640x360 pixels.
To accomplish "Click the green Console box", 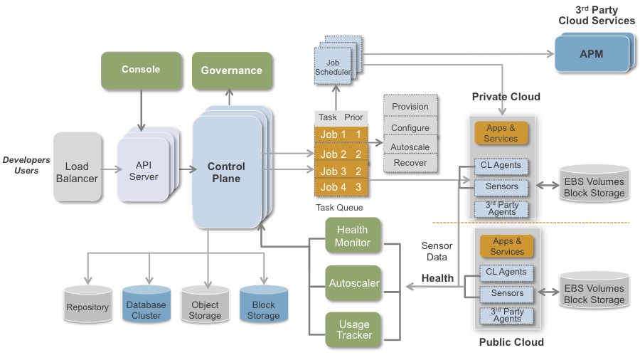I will pyautogui.click(x=141, y=70).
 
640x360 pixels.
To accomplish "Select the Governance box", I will pyautogui.click(x=231, y=70).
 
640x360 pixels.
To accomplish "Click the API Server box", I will pyautogui.click(x=143, y=170).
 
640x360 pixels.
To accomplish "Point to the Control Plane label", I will pyautogui.click(x=226, y=172).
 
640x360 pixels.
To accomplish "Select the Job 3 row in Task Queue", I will pyautogui.click(x=339, y=171).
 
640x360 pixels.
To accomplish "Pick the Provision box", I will pyautogui.click(x=410, y=107).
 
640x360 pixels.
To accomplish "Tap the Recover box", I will pyautogui.click(x=410, y=163).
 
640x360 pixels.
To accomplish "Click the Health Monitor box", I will pyautogui.click(x=353, y=236).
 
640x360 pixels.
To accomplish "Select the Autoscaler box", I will pyautogui.click(x=353, y=283).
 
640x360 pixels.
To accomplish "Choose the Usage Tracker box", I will pyautogui.click(x=353, y=329).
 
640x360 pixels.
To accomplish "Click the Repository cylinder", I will pyautogui.click(x=87, y=306).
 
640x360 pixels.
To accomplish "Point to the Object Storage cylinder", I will pyautogui.click(x=205, y=307).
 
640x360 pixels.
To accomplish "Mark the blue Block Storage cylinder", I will pyautogui.click(x=263, y=307).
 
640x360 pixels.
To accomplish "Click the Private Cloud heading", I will pyautogui.click(x=506, y=97).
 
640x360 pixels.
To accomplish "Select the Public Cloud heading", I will pyautogui.click(x=511, y=342).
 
